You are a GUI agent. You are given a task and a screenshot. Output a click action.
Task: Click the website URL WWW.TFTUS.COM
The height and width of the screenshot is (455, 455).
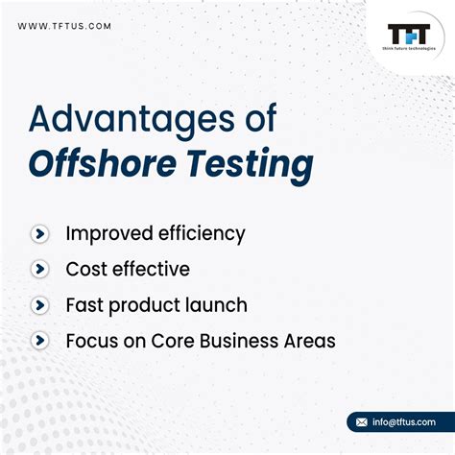click(x=63, y=26)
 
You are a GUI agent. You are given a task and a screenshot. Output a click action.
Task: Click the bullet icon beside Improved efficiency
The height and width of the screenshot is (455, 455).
click(x=39, y=233)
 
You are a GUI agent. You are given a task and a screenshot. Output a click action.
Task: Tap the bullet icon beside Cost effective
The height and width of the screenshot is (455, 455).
click(x=39, y=270)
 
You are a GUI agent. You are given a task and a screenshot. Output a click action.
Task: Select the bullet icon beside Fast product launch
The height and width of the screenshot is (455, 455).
click(x=39, y=305)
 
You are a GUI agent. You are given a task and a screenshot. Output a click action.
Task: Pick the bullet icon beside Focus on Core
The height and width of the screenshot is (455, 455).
click(x=39, y=341)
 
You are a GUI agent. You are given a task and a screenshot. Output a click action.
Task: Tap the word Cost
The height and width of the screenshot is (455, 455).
click(x=84, y=270)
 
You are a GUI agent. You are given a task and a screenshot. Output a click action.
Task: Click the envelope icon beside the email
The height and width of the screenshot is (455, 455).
click(x=362, y=422)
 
